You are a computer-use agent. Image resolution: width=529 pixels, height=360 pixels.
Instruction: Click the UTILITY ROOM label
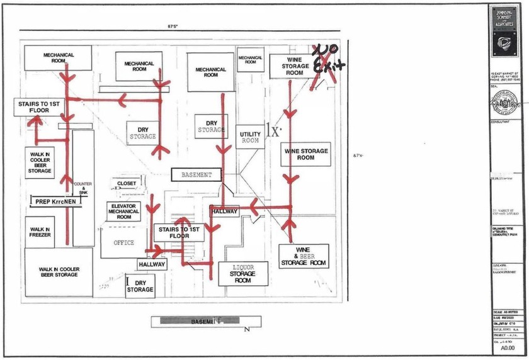[250, 137]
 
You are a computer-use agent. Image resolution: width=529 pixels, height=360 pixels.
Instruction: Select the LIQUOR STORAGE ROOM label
[242, 274]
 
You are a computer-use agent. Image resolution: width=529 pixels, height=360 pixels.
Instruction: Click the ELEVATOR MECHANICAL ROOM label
[124, 211]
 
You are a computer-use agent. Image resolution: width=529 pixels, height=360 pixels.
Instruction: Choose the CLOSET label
[126, 184]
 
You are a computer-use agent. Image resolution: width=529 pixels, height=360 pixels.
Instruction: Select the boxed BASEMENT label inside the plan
[196, 175]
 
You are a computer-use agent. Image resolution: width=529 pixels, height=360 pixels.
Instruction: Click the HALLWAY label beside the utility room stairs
[224, 211]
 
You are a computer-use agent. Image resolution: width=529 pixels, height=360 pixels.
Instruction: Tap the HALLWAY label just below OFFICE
[152, 265]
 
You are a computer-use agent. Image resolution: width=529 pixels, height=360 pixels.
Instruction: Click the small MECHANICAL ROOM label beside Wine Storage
[250, 60]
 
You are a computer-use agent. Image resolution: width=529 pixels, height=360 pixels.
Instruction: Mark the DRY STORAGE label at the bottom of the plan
[140, 286]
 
